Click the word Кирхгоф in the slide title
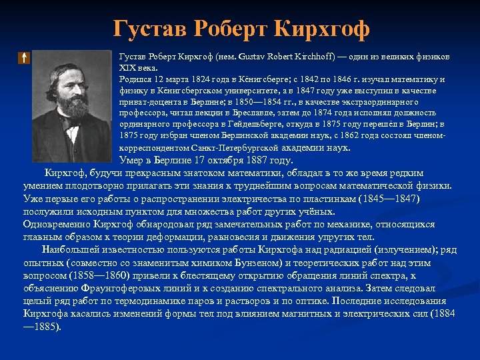point(319,28)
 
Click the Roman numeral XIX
point(127,67)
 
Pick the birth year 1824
point(189,79)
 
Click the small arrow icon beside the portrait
point(23,58)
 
